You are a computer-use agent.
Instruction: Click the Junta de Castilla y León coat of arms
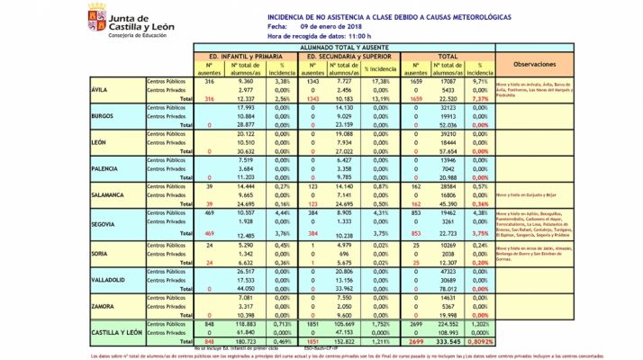point(95,15)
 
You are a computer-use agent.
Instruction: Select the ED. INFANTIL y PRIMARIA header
point(245,56)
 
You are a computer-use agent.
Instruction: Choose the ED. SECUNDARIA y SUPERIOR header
point(350,56)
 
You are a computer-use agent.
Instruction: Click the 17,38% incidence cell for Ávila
point(385,82)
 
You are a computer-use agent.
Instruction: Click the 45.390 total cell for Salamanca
point(451,203)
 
